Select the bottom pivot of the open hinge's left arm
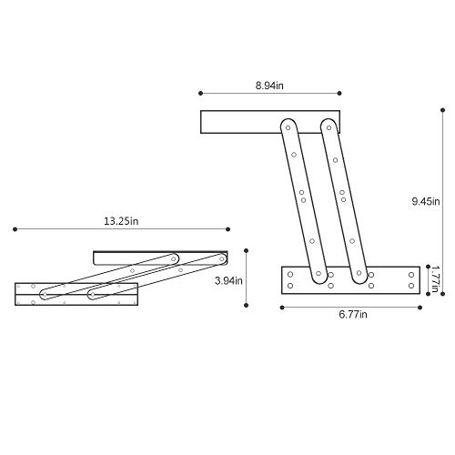click(319, 276)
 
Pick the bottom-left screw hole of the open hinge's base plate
click(291, 285)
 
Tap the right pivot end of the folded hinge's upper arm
click(217, 258)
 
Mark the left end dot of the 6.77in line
click(282, 307)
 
